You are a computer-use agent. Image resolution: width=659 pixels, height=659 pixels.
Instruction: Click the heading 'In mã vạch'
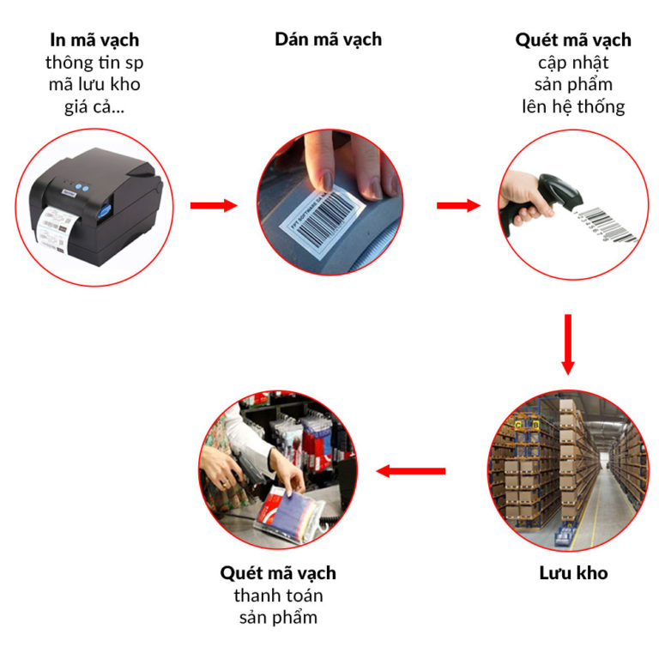93,40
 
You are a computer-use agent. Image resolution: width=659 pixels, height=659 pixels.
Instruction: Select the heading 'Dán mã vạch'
329,39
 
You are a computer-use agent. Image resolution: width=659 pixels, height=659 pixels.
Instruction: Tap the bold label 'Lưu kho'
567,572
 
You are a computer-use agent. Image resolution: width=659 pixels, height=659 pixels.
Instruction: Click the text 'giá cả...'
93,106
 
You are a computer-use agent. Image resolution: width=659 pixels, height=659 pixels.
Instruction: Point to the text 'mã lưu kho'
93,84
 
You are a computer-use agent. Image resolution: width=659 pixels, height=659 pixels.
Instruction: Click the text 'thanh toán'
278,595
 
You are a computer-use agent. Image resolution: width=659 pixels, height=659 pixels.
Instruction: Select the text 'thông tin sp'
93,62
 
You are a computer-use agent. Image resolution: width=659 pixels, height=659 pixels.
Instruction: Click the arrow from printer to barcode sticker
213,205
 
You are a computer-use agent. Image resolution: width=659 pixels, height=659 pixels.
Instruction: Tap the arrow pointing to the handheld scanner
459,205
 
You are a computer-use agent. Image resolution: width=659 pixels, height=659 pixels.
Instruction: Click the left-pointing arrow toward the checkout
411,470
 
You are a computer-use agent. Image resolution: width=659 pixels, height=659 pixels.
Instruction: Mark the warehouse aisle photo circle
567,470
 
